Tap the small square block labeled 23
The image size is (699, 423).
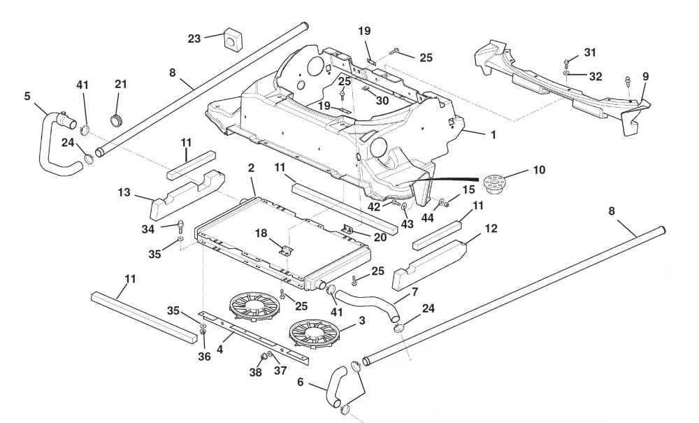point(232,40)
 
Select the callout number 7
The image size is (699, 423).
point(415,290)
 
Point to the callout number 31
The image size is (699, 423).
point(591,52)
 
